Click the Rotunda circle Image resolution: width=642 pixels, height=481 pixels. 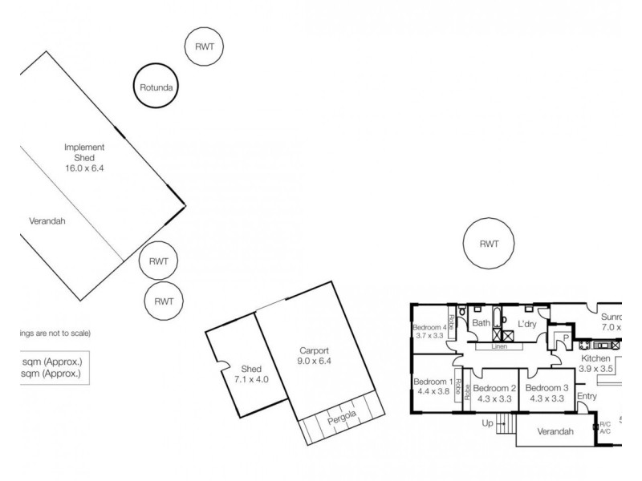click(x=156, y=87)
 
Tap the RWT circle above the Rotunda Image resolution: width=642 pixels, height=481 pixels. click(x=204, y=47)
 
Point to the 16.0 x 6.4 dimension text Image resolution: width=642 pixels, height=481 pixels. click(x=84, y=168)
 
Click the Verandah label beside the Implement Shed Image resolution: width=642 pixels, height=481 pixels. click(x=47, y=221)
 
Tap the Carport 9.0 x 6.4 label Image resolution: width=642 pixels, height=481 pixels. click(x=315, y=356)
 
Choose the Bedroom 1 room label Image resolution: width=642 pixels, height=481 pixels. click(x=433, y=386)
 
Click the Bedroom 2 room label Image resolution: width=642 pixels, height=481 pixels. click(x=493, y=393)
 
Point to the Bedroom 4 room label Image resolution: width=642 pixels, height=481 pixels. click(x=429, y=332)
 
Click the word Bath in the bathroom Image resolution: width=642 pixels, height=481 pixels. click(x=481, y=324)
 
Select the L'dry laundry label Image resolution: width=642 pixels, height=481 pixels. click(x=526, y=324)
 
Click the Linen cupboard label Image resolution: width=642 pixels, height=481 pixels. click(x=498, y=346)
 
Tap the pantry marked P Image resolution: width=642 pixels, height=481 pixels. click(x=565, y=338)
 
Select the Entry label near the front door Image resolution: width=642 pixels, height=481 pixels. click(x=587, y=396)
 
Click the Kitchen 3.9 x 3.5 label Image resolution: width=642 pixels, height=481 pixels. click(x=595, y=364)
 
